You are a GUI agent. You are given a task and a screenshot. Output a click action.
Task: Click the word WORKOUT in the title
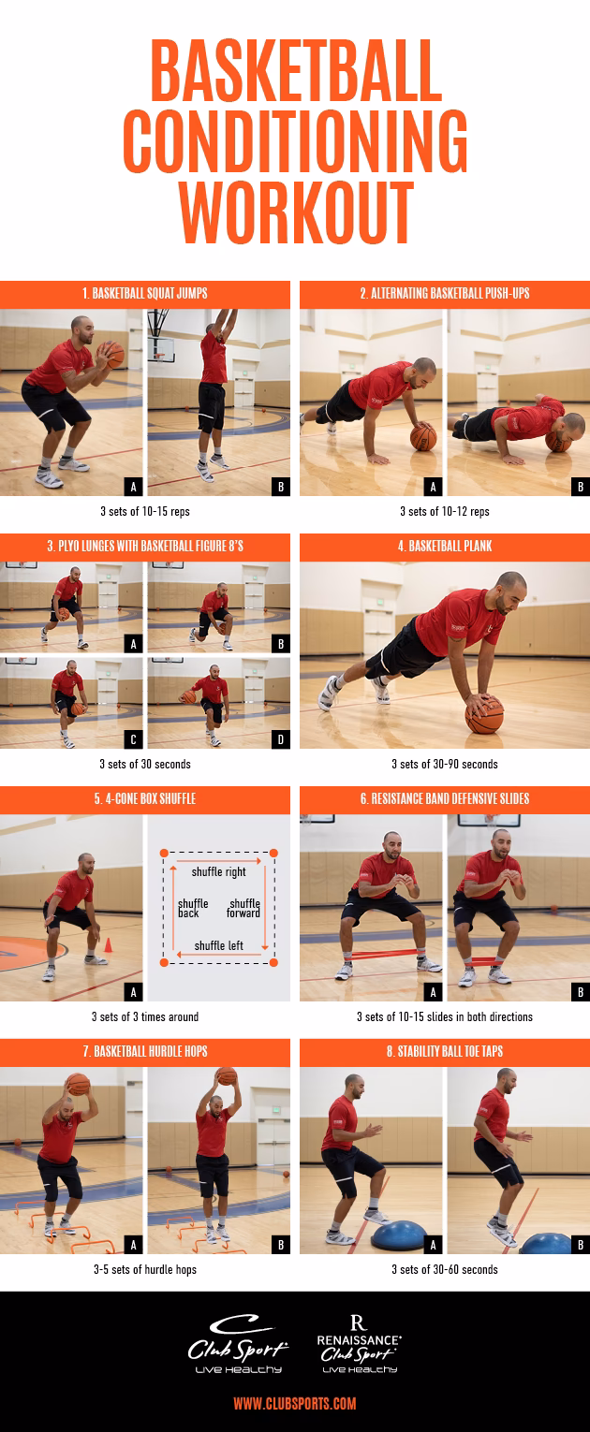(295, 213)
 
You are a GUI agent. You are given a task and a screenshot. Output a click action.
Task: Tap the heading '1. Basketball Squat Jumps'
(144, 293)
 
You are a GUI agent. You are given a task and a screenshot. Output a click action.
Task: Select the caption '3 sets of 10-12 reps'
(444, 511)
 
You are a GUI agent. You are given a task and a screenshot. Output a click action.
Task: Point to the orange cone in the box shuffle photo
(108, 945)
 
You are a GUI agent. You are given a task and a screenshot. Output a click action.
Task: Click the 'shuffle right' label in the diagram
(218, 871)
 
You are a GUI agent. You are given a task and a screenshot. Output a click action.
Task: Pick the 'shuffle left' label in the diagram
(218, 945)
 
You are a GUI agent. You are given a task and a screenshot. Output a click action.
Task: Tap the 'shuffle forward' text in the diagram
(243, 908)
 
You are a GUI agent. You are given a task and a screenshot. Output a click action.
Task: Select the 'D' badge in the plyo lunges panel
(279, 739)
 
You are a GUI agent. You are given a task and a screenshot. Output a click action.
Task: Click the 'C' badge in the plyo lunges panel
(133, 739)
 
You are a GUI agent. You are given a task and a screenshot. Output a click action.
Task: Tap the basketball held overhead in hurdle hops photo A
(78, 1084)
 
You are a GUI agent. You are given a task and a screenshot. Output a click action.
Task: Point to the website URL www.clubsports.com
(294, 1403)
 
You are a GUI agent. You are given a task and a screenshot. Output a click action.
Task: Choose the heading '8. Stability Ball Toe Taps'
(444, 1051)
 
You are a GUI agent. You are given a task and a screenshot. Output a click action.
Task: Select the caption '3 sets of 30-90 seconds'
(444, 764)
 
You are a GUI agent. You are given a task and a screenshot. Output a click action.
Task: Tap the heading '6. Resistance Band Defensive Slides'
(444, 798)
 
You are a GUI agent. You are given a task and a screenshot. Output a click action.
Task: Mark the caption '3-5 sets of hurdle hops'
(144, 1269)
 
